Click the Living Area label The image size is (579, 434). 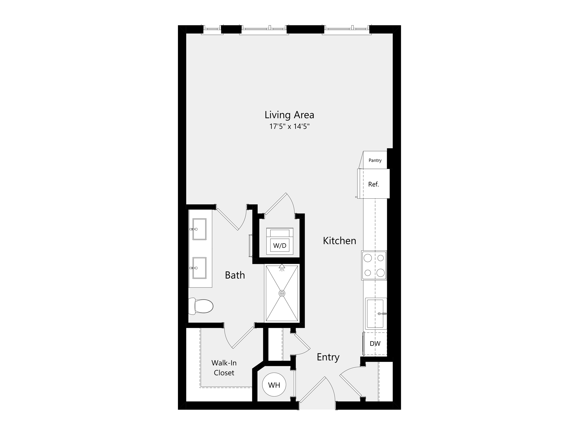[289, 115]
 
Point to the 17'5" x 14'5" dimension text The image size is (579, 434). [289, 127]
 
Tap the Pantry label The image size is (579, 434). [375, 160]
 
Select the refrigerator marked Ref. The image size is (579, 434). [373, 184]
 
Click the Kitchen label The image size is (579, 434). [340, 241]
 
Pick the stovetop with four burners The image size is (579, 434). [374, 266]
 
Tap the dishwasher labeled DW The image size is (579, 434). [375, 343]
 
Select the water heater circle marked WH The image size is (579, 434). [274, 385]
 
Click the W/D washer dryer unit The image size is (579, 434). [280, 241]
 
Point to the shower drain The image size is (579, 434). [282, 293]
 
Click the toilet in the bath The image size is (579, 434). [201, 306]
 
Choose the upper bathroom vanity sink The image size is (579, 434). [199, 229]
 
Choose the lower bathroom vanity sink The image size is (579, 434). [199, 268]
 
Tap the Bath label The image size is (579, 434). [235, 275]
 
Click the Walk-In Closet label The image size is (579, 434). [224, 368]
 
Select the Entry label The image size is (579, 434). [328, 357]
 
